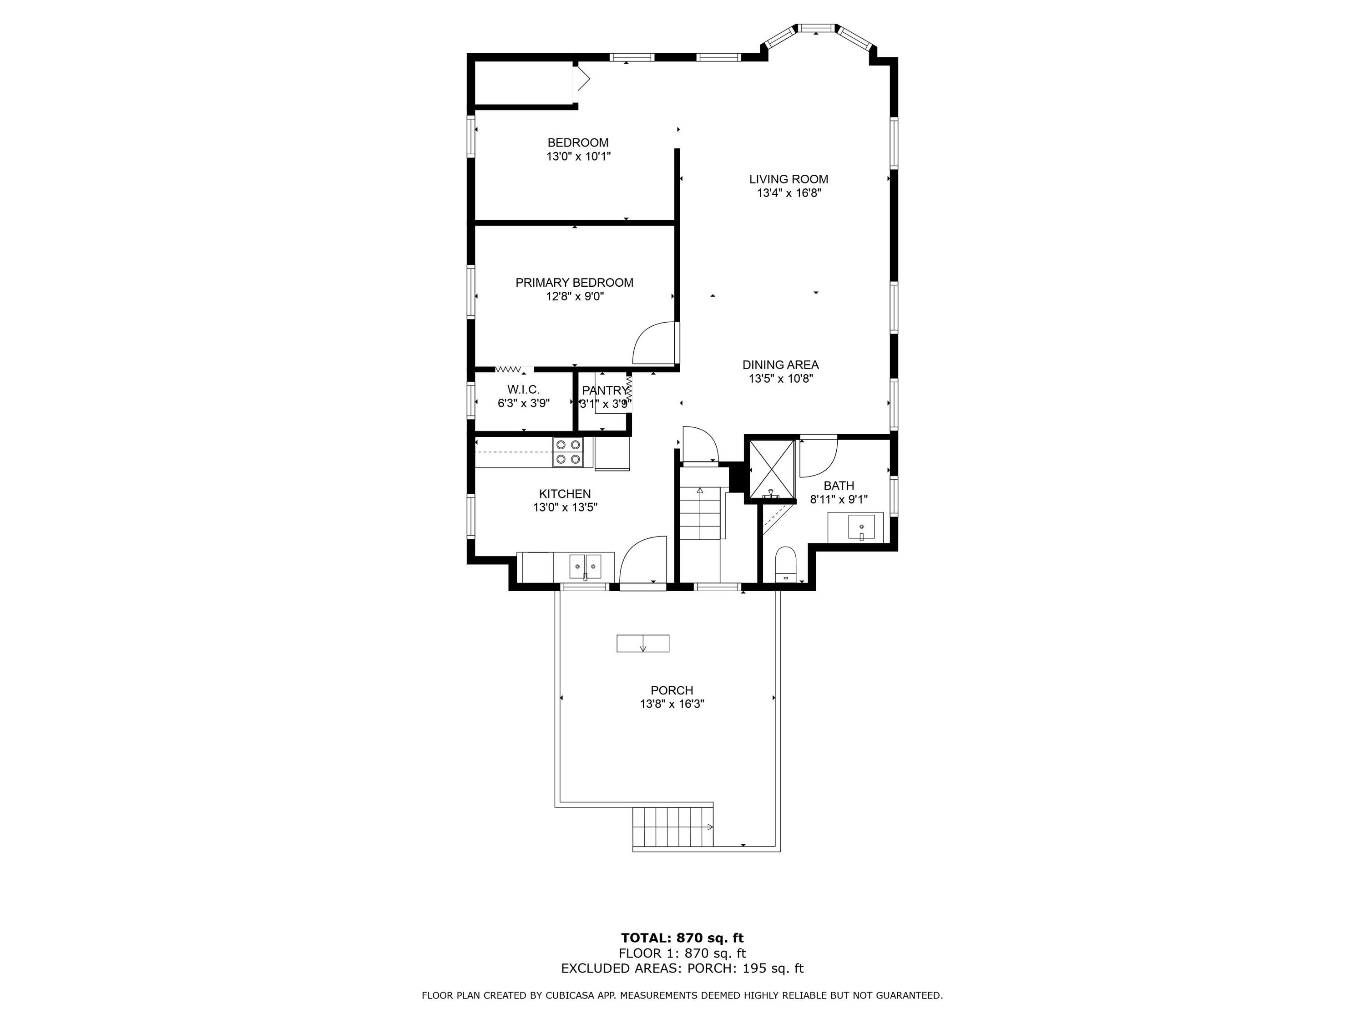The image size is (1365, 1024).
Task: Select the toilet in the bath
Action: (x=785, y=563)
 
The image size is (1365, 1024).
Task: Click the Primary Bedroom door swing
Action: (x=654, y=343)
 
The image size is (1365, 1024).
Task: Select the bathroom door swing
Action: (x=818, y=457)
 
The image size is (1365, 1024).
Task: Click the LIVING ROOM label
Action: (x=789, y=179)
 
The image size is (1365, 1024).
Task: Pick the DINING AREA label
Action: (x=781, y=365)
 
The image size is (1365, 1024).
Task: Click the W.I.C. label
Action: (x=523, y=390)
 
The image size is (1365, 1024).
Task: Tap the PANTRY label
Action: (x=605, y=390)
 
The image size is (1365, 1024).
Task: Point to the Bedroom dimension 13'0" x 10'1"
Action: (x=578, y=157)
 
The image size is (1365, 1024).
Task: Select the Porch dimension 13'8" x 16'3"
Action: (x=672, y=704)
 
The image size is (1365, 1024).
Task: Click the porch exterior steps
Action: (x=672, y=827)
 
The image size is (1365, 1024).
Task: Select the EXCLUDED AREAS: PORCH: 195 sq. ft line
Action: (x=682, y=968)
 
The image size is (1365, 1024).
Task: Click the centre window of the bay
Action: (x=816, y=28)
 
